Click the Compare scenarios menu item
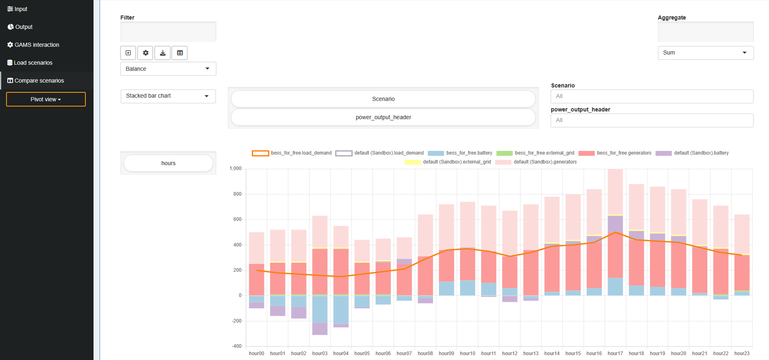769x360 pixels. [39, 81]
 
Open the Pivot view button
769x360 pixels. [46, 99]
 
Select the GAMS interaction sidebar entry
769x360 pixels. [37, 45]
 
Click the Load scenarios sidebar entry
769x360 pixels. [33, 63]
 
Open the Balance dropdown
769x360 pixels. [168, 69]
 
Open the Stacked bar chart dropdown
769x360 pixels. [168, 96]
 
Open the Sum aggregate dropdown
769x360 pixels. [706, 53]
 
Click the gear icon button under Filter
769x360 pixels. [145, 53]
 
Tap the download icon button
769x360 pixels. [162, 53]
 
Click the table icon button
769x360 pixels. [180, 53]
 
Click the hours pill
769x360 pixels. [168, 163]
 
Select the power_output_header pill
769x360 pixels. [383, 117]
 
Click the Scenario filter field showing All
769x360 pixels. [651, 96]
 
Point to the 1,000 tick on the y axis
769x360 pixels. [235, 168]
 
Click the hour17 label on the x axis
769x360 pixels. [615, 353]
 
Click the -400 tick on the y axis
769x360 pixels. [236, 346]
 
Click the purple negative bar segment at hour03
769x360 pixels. [320, 328]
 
